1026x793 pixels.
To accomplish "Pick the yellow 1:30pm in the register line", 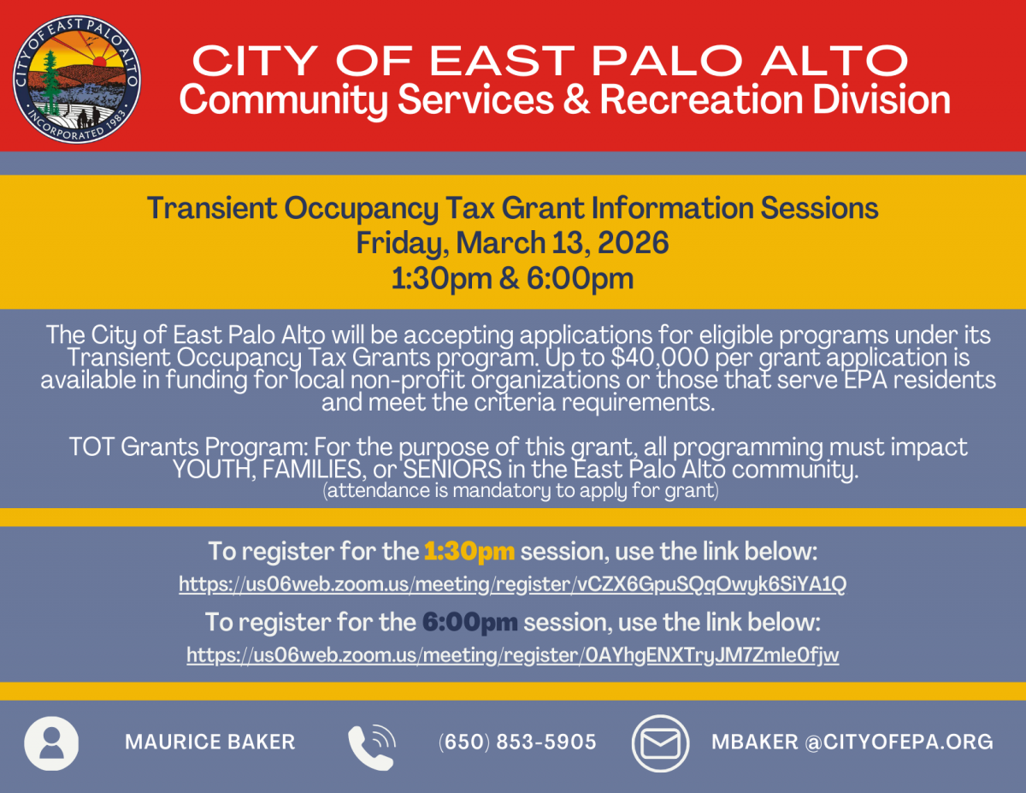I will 469,551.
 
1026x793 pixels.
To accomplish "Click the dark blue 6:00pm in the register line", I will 470,621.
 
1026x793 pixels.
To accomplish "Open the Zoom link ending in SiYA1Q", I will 512,585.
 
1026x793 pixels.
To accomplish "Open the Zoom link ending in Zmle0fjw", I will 512,655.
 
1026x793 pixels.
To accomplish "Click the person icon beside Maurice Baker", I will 51,743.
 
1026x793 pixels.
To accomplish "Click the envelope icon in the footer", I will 660,743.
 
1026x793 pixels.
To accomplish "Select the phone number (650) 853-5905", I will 517,742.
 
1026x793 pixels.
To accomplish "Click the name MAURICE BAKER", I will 210,742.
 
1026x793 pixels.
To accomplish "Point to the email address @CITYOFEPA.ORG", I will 898,742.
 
